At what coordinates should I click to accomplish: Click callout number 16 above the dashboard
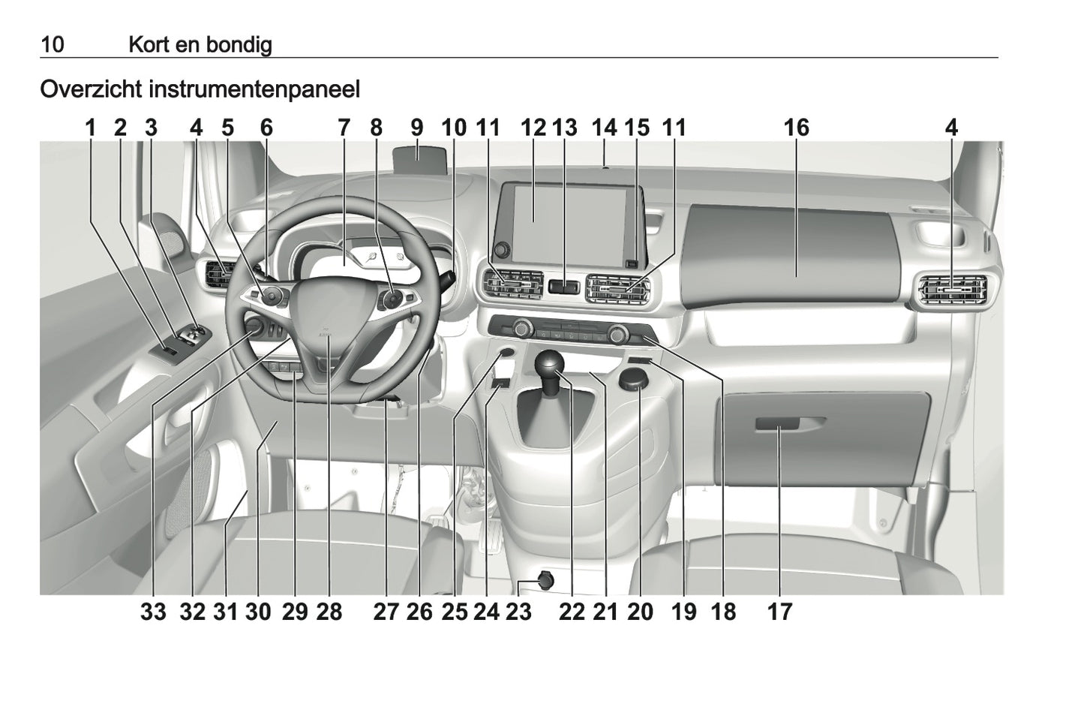796,128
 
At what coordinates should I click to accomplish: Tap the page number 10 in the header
52,45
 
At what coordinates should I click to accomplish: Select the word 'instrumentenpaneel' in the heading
254,89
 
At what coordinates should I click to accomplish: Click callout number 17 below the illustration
779,612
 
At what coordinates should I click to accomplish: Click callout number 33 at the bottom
153,612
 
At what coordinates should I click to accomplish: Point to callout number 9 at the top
417,128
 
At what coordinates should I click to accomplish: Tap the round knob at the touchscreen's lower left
501,249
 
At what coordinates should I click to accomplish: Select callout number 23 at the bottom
518,612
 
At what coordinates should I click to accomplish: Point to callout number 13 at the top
565,128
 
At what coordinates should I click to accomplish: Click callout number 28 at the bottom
329,612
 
